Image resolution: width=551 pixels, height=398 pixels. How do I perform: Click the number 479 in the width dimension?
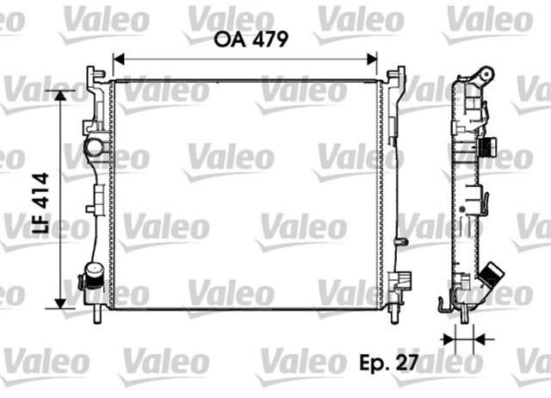(x=263, y=39)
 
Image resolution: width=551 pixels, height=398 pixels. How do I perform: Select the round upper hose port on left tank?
(x=93, y=147)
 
